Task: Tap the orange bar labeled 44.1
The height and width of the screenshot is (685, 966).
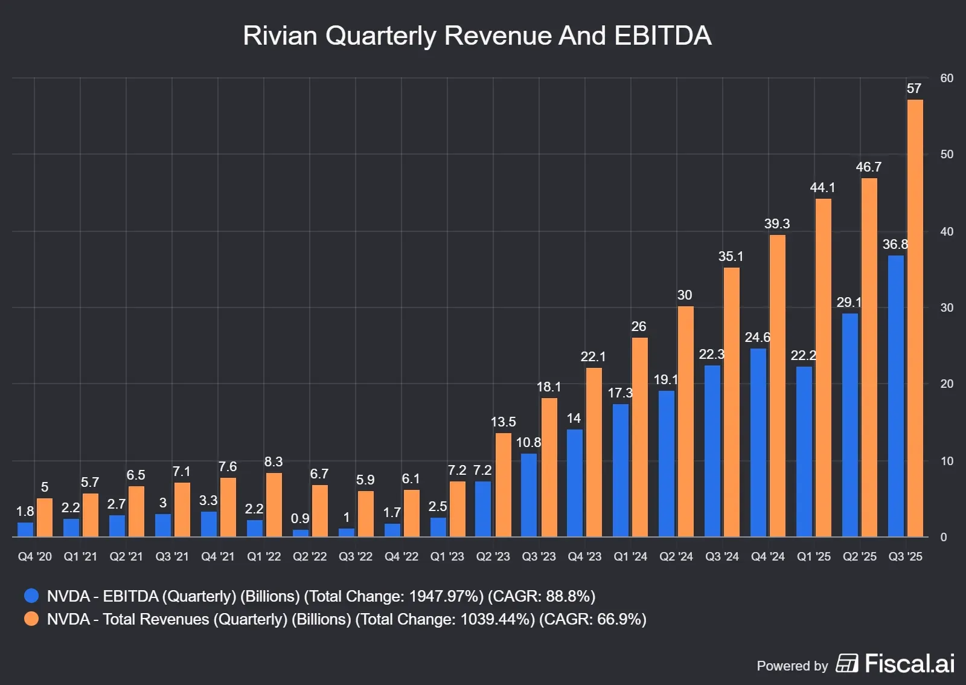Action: pos(823,368)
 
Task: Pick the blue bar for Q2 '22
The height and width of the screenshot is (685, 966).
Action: pos(300,533)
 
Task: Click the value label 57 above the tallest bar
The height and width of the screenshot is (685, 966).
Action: pos(914,89)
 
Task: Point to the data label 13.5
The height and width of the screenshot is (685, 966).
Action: pos(503,422)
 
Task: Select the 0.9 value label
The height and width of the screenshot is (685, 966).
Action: pos(300,518)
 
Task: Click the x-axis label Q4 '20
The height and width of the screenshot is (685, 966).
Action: pos(34,556)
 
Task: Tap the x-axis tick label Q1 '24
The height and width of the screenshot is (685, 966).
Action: pos(630,556)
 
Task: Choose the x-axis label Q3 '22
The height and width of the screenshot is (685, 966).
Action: pos(356,556)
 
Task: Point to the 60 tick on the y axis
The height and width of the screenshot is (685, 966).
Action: pos(947,78)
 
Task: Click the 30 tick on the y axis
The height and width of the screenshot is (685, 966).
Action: pos(947,307)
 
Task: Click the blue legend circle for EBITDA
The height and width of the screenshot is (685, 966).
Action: pos(31,596)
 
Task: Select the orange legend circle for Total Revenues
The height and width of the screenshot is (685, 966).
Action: pos(31,619)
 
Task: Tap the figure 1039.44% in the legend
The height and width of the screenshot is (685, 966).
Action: pos(497,619)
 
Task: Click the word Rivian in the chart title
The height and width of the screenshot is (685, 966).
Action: pos(280,36)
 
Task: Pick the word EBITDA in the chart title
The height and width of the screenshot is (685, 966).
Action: pos(662,36)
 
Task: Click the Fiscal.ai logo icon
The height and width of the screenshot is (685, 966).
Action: pos(846,663)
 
